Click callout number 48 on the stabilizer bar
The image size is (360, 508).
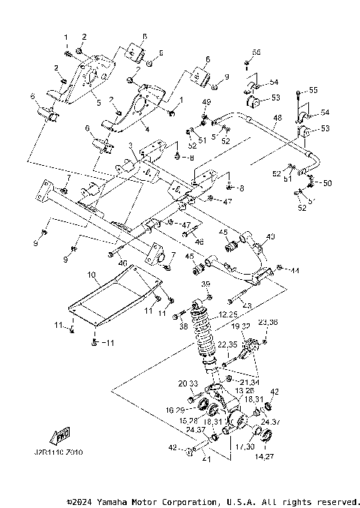click(277, 118)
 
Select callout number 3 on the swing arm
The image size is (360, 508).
click(130, 145)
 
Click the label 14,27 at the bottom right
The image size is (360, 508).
click(266, 455)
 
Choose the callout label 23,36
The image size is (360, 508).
click(268, 322)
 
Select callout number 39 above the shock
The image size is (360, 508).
click(205, 284)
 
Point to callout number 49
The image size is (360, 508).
click(206, 101)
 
